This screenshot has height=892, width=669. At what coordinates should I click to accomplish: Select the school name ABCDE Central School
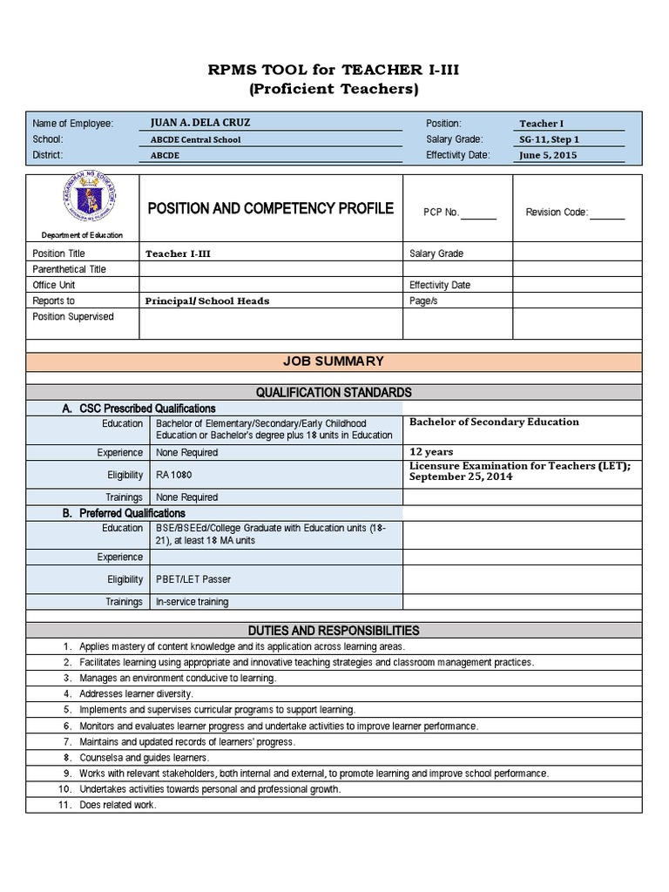point(196,139)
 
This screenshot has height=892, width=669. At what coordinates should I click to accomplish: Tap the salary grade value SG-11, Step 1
point(549,139)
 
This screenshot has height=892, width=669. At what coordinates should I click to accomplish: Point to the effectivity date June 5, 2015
point(547,155)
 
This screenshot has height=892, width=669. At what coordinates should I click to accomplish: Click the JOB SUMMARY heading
point(334,361)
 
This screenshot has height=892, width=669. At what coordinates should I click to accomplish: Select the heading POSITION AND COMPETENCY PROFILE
point(270,208)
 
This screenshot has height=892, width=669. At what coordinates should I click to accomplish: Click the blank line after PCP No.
point(478,212)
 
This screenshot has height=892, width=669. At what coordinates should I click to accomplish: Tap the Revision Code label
point(557,212)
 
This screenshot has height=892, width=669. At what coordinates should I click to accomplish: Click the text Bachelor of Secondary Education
point(494,422)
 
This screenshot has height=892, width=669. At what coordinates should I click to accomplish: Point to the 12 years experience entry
point(429,452)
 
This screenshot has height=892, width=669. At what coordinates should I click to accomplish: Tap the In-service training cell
point(192,602)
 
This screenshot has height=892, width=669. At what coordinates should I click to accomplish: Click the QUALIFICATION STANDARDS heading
point(334,392)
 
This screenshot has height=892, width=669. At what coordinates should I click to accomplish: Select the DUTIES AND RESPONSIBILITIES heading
point(334,630)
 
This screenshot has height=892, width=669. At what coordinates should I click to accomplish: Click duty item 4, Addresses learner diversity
point(136,694)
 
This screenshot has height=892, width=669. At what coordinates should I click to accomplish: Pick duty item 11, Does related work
point(118,805)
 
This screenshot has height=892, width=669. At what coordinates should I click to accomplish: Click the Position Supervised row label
point(73,317)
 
